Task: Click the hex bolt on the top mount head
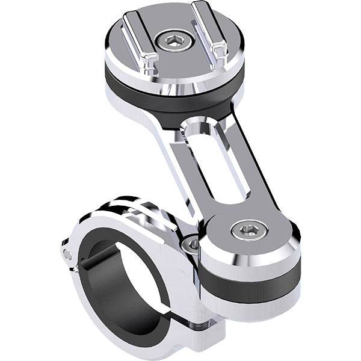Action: tap(169, 42)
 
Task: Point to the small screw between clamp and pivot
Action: tap(192, 244)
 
